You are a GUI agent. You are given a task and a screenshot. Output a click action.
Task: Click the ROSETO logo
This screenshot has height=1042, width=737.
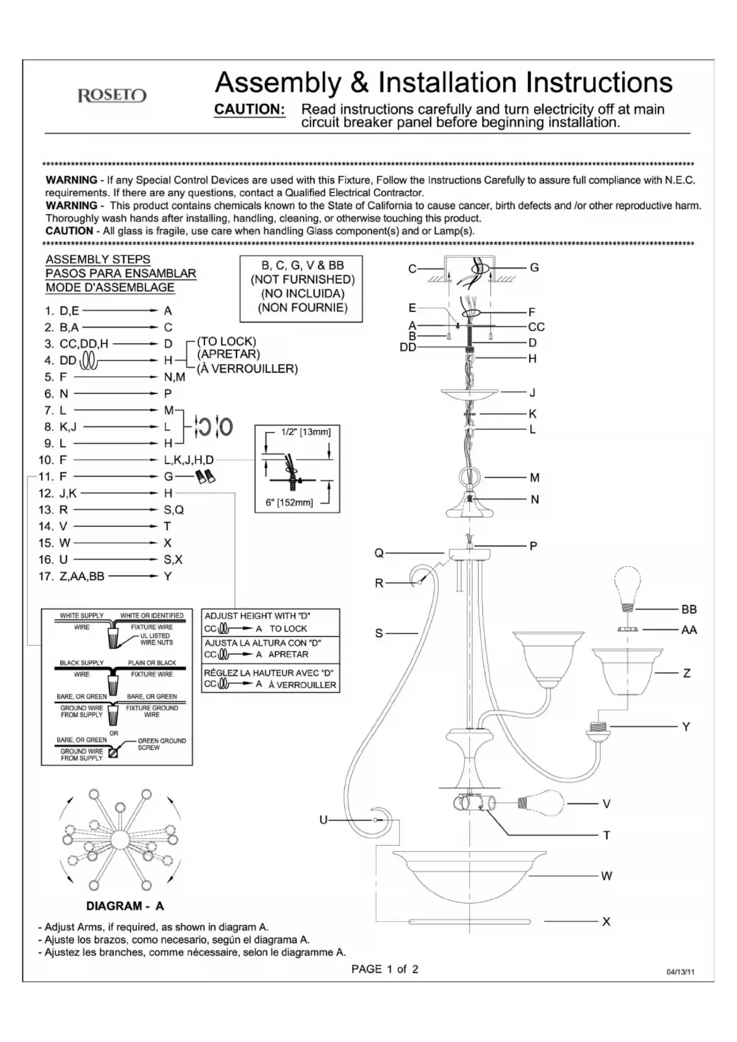click(x=112, y=96)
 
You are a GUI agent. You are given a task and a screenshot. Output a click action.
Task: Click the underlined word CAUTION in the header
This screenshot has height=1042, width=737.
click(x=249, y=109)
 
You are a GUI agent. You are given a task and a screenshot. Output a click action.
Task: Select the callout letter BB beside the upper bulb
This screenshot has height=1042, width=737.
click(x=689, y=610)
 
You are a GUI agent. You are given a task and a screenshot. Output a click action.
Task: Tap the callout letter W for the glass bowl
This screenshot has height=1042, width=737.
click(x=606, y=876)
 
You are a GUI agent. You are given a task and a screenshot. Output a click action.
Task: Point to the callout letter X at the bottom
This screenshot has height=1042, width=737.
click(x=606, y=921)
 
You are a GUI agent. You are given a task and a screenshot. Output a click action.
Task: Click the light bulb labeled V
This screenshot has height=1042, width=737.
click(x=540, y=803)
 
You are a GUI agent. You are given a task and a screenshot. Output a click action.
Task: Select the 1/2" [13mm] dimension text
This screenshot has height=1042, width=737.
click(x=306, y=432)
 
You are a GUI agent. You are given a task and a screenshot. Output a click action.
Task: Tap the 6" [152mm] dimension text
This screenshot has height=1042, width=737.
click(x=289, y=503)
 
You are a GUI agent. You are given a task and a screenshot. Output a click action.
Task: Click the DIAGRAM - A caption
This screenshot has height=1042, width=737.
click(x=125, y=906)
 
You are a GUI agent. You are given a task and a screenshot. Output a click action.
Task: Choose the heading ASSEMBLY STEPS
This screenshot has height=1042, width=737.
click(x=98, y=260)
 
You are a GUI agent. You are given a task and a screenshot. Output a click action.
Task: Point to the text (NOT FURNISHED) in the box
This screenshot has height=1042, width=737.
click(x=302, y=279)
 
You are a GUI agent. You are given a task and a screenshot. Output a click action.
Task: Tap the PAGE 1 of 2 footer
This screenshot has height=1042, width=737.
click(x=385, y=969)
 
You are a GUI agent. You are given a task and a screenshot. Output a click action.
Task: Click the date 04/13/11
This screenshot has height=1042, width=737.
click(x=681, y=972)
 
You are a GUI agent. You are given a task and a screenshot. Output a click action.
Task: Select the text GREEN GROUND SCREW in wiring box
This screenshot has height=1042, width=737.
click(x=161, y=744)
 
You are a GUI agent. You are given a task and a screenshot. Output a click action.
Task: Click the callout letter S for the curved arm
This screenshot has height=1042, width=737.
click(x=379, y=633)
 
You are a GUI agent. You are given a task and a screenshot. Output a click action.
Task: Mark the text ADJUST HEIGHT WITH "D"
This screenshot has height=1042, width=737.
click(x=257, y=616)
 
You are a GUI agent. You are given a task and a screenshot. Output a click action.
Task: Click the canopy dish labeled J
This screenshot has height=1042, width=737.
click(x=469, y=394)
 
